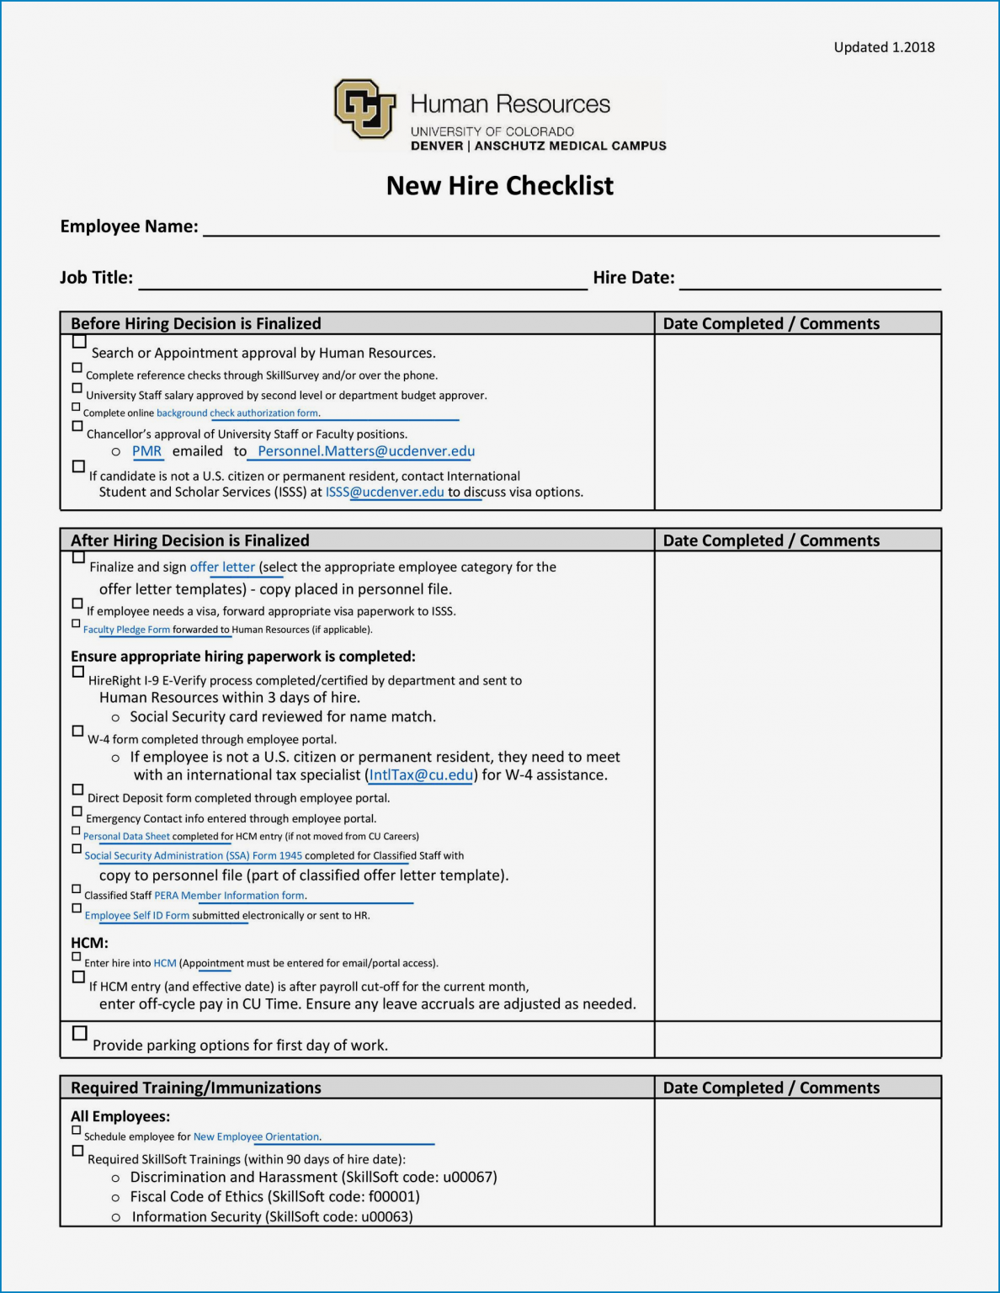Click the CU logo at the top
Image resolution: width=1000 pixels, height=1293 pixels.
364,108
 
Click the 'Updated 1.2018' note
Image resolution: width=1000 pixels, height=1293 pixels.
884,47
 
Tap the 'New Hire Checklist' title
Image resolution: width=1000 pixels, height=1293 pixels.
499,185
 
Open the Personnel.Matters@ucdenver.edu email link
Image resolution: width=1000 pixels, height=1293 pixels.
366,451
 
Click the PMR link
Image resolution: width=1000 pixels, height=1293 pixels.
146,451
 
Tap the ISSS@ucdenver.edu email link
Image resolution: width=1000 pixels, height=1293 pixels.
385,492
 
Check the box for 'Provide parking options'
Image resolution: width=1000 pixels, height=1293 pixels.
80,1033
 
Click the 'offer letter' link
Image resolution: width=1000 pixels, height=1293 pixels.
222,567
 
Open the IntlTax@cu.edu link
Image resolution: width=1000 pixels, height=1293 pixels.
421,775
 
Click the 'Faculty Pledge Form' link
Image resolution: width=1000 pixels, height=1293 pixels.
126,630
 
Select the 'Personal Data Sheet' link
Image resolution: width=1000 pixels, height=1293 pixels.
126,837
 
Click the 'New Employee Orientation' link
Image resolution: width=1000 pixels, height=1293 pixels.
256,1137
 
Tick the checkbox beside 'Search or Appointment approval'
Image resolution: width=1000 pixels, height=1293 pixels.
79,342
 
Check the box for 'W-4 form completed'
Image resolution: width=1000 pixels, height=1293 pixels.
78,731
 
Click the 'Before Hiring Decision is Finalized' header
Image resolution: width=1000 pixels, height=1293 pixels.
196,324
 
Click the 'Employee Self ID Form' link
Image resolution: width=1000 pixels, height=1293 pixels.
137,916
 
